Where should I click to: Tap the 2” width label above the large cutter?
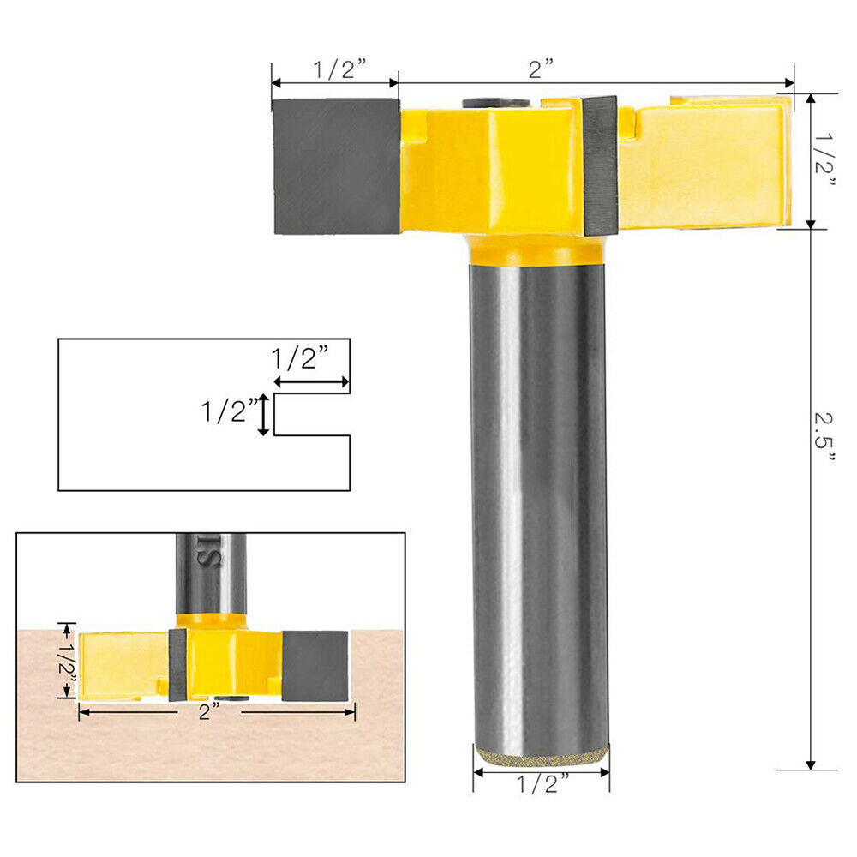(541, 69)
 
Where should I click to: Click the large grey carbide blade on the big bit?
(336, 166)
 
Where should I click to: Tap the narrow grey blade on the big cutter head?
(600, 165)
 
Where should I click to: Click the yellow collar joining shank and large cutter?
(538, 250)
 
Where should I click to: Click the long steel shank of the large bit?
(539, 497)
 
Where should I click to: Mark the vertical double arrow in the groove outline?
(265, 415)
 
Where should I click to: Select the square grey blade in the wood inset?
(315, 665)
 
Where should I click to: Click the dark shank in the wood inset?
(211, 570)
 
